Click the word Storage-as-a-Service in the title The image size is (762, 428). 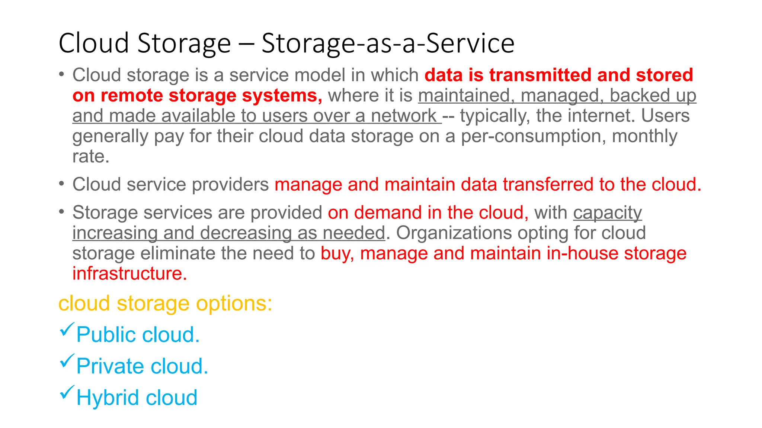coord(388,43)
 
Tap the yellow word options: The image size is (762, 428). coord(234,304)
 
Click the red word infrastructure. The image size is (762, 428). coord(129,274)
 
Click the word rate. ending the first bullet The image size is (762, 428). coord(91,156)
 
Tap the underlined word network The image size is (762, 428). coord(404,116)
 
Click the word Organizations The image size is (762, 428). coord(454,233)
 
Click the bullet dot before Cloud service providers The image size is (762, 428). coord(62,184)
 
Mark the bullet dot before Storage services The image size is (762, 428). coord(62,212)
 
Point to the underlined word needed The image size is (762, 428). coord(353,233)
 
